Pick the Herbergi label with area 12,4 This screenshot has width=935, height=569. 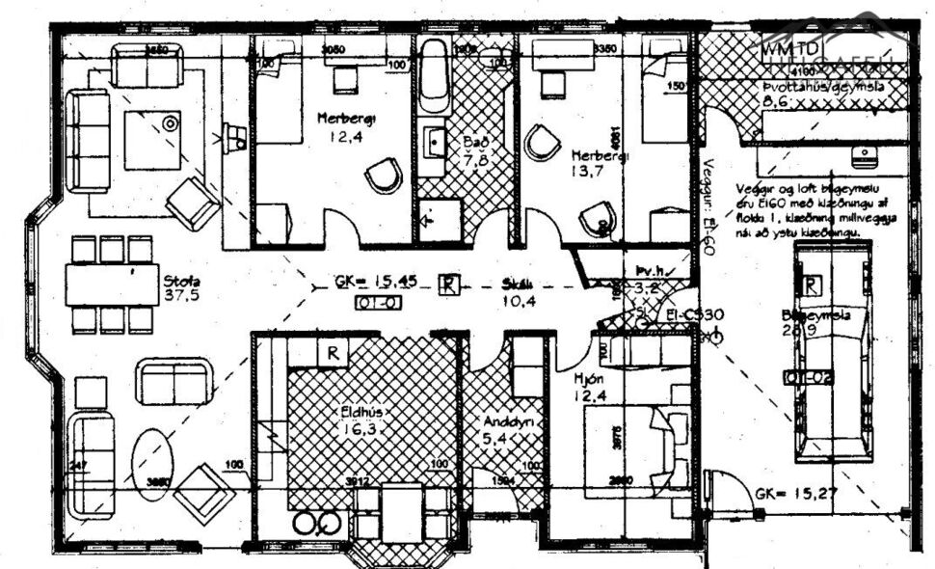point(346,118)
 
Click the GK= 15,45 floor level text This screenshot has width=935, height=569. point(376,283)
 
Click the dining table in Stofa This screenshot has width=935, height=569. point(111,284)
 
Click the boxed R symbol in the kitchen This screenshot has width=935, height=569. point(333,353)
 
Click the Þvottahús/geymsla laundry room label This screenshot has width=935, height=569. point(819,87)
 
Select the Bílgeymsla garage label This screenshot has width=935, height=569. point(808,314)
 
